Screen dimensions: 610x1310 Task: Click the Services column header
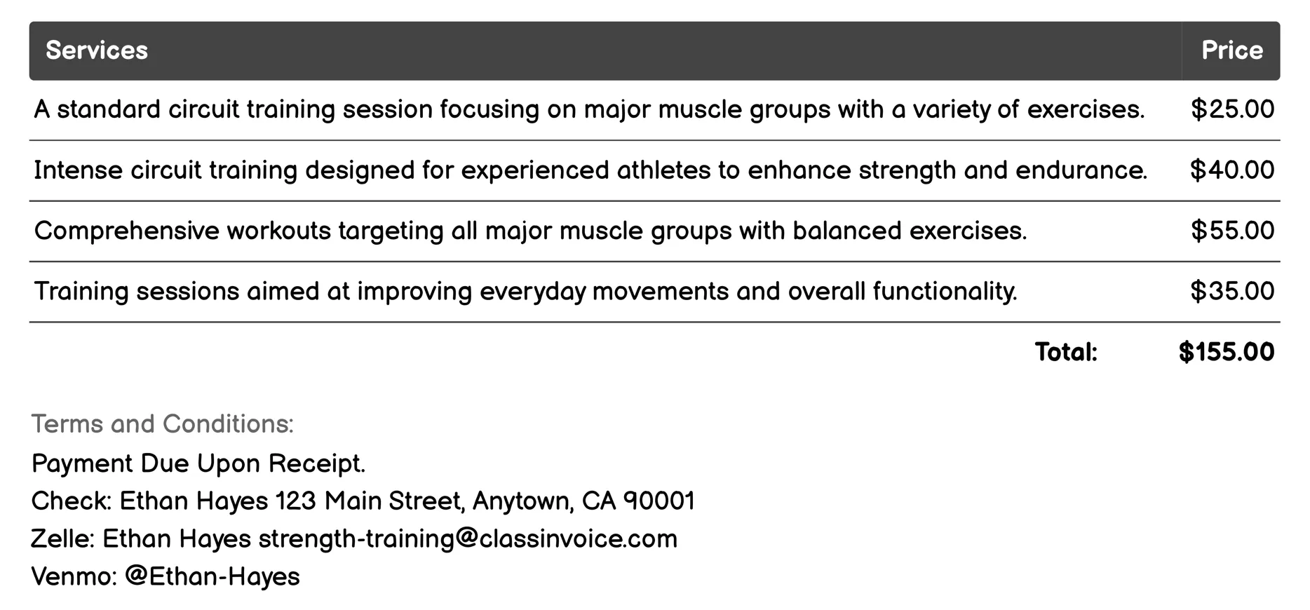pos(97,50)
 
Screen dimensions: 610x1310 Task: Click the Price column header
pos(1231,50)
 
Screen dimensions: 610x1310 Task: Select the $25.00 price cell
pos(1232,109)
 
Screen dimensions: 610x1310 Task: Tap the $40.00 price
pos(1232,170)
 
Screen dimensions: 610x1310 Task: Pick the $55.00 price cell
pos(1232,231)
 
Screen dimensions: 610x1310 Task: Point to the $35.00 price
pos(1232,291)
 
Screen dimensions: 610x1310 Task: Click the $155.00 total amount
pos(1226,352)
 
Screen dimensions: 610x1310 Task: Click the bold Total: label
pos(1066,352)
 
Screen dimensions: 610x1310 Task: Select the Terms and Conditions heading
pos(162,424)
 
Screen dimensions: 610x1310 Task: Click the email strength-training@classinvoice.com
pos(468,538)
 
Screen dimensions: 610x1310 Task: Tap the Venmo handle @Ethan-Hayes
pos(212,576)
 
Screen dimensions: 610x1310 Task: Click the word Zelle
pos(62,538)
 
